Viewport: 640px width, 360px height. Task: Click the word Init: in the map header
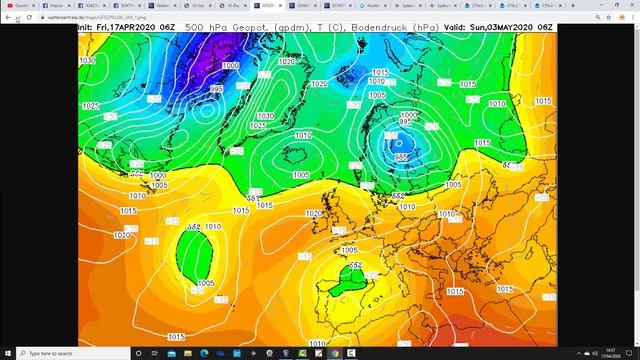click(x=89, y=27)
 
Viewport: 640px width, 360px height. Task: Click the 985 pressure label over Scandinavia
click(x=401, y=157)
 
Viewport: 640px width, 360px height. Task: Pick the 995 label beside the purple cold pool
click(x=216, y=89)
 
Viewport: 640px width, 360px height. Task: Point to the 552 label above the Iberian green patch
click(x=354, y=265)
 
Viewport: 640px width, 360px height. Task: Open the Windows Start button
click(x=8, y=353)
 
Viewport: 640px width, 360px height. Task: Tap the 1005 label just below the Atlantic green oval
click(x=206, y=284)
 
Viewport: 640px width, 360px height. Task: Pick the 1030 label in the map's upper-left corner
click(x=87, y=60)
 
